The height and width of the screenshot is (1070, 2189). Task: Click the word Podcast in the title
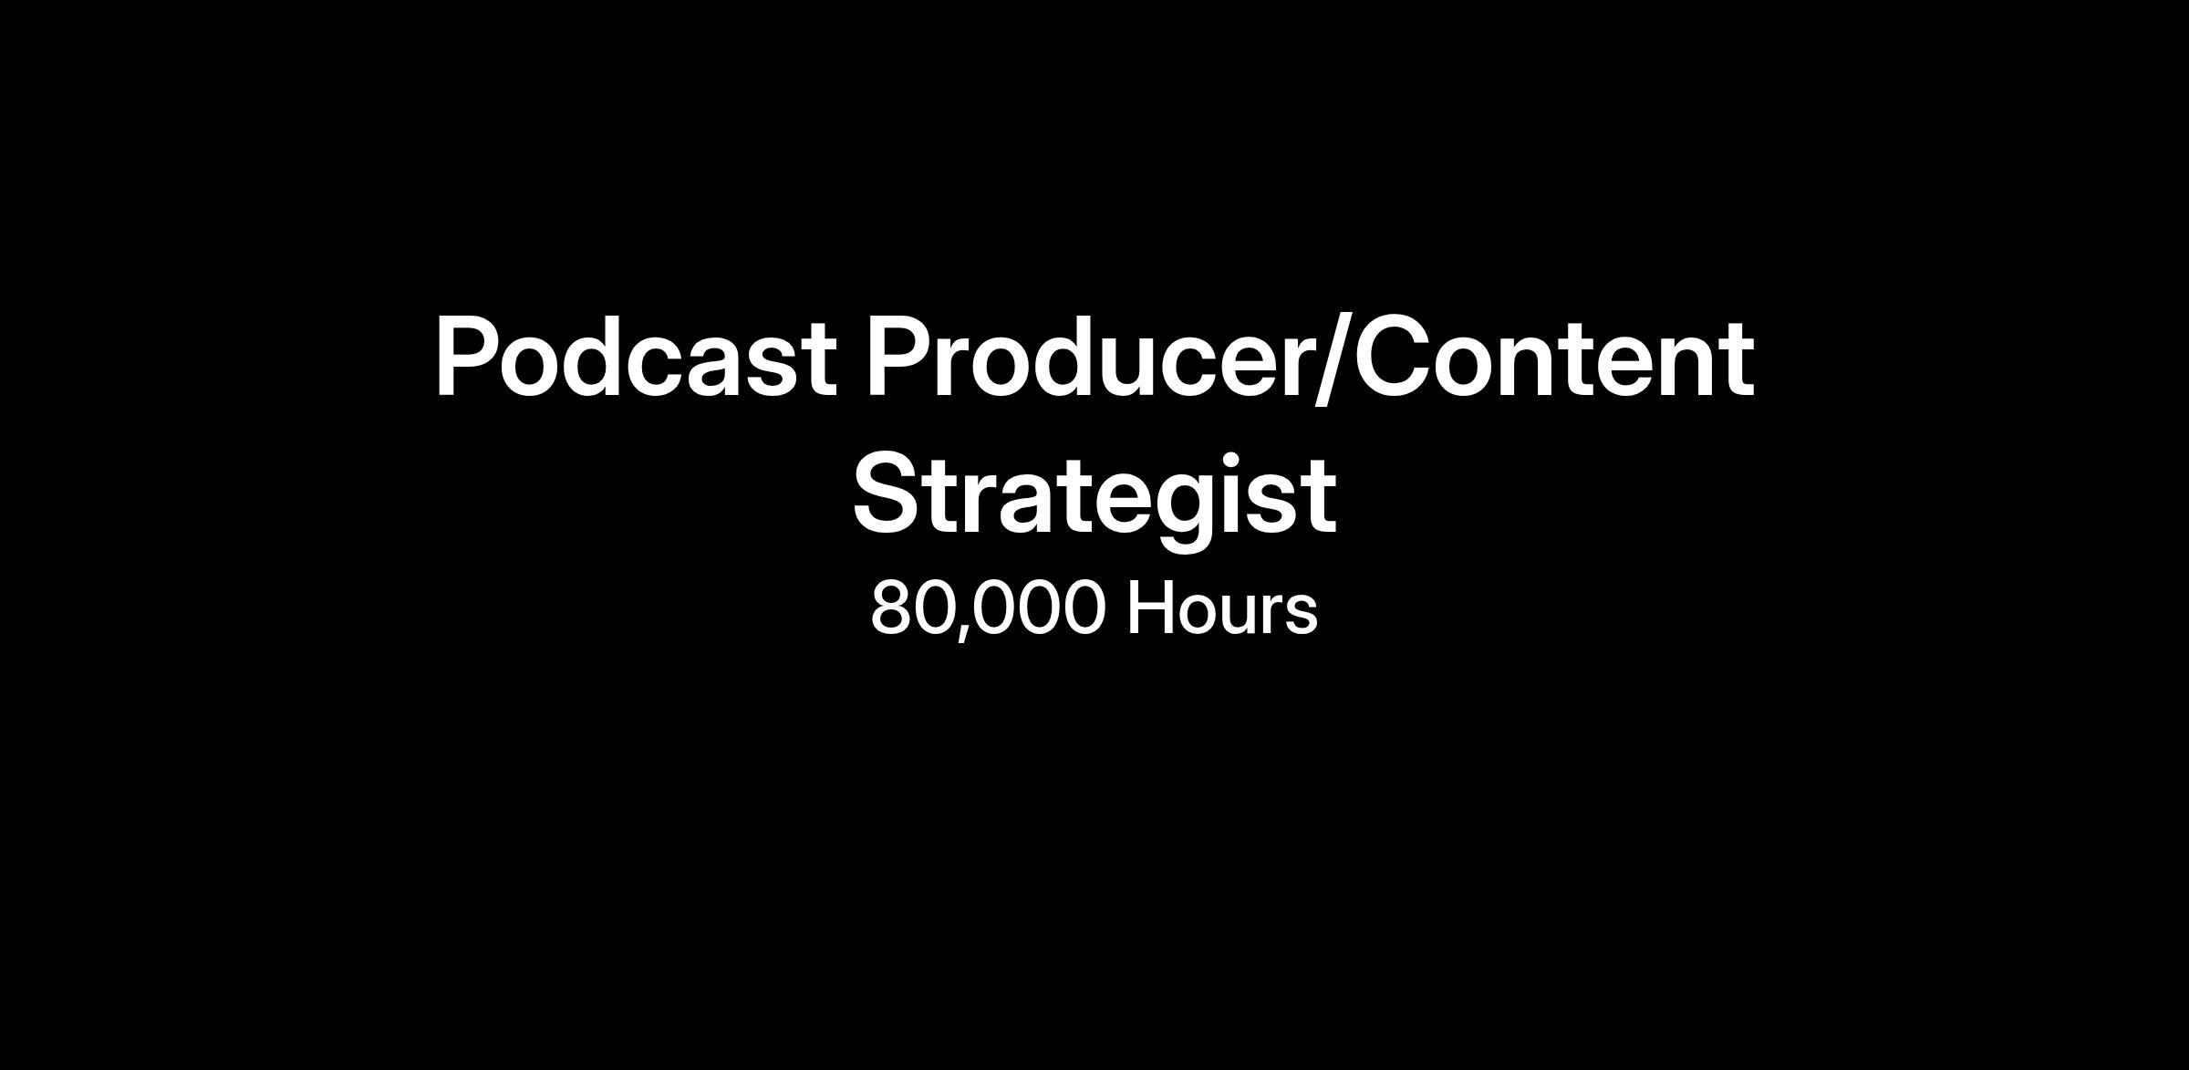coord(636,357)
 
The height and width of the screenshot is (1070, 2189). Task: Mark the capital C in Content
coord(1391,358)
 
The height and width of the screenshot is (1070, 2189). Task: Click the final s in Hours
coord(1301,616)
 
